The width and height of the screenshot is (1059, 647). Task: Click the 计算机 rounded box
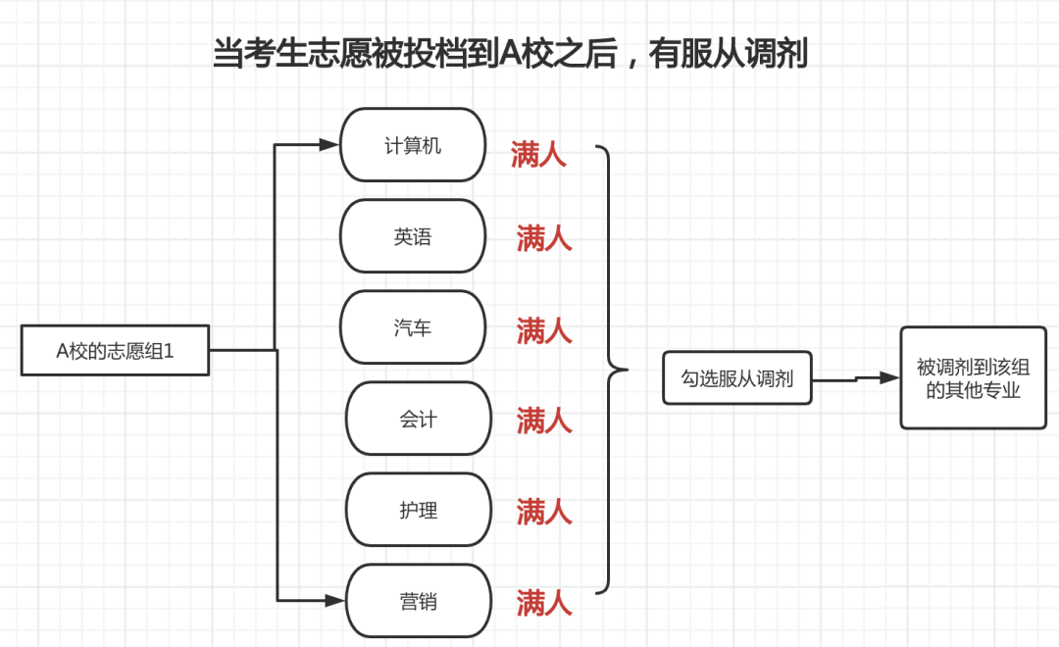click(x=413, y=144)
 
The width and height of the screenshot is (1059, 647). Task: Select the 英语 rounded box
click(x=413, y=235)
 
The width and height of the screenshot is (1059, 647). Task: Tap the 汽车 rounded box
click(x=413, y=326)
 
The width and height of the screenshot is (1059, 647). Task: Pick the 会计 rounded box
click(x=418, y=418)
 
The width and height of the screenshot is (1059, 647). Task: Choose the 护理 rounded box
click(x=418, y=509)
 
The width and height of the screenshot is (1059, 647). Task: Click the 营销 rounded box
click(x=418, y=600)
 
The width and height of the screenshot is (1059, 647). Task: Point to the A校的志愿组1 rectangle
click(x=115, y=350)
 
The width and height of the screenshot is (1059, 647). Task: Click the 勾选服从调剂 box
click(x=736, y=377)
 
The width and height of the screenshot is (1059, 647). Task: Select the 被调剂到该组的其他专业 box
click(x=974, y=377)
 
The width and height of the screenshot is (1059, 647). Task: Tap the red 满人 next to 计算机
click(x=538, y=154)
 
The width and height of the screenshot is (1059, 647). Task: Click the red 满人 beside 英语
click(x=544, y=238)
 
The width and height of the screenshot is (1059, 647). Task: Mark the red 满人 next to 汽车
click(x=544, y=330)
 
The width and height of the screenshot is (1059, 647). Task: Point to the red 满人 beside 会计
click(x=544, y=421)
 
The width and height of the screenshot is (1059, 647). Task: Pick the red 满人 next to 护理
click(x=544, y=512)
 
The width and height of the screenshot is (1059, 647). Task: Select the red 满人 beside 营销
click(x=544, y=603)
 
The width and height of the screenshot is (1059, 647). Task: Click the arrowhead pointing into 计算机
click(x=328, y=144)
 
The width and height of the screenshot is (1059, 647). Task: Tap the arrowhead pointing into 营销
click(x=335, y=600)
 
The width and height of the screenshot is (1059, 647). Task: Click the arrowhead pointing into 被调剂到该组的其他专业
click(x=889, y=377)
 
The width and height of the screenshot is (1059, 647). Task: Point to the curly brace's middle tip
click(x=628, y=370)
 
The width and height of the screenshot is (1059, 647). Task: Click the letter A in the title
click(x=508, y=53)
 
